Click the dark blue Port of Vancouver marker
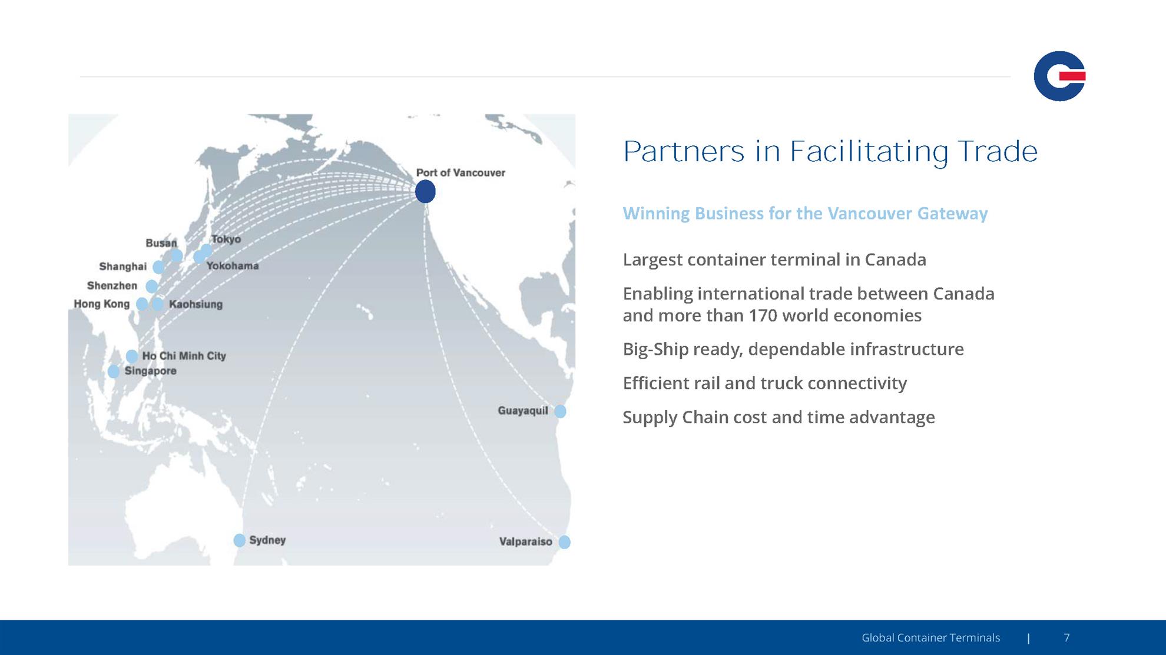[x=425, y=191]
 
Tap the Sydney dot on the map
[x=239, y=540]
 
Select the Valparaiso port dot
[x=564, y=542]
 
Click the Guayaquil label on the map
[x=523, y=411]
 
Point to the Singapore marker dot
[x=114, y=371]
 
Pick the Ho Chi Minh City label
[x=184, y=356]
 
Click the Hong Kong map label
[x=101, y=304]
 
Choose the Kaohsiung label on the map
[x=196, y=304]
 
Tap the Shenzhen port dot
[x=152, y=287]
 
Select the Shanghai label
[x=123, y=267]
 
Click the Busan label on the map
[x=161, y=243]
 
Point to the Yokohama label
[x=233, y=266]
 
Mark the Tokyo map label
[x=226, y=240]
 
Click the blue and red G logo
[x=1059, y=76]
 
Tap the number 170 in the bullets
[x=763, y=315]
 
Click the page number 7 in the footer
[x=1066, y=637]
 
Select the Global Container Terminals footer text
[x=930, y=637]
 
